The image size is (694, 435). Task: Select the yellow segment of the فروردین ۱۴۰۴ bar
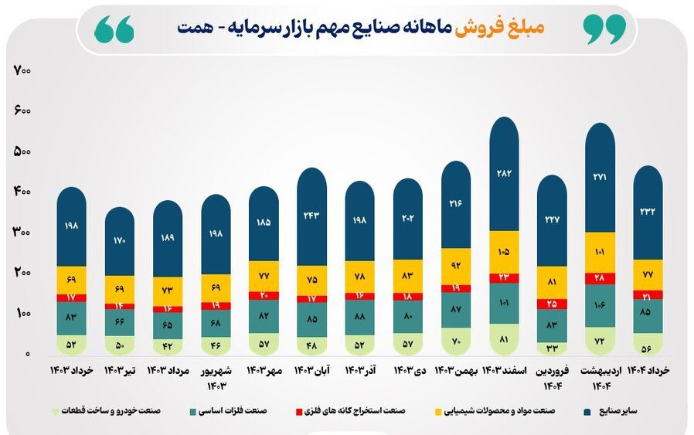(552, 282)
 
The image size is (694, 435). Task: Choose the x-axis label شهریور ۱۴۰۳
(216, 377)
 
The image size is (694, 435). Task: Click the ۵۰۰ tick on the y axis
(22, 151)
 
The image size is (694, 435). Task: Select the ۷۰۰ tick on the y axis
(22, 71)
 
